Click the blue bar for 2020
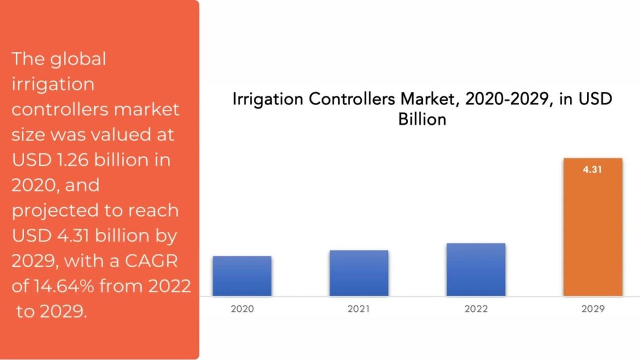pos(242,276)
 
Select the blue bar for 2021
pos(359,273)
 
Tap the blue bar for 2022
pos(476,269)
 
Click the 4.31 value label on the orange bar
pos(593,170)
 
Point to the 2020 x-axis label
pos(242,309)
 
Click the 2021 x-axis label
pos(359,309)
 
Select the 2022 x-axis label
pos(476,309)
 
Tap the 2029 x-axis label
pos(593,309)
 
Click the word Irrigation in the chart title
pos(267,100)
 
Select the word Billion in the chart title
pos(422,119)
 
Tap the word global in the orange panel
pos(78,59)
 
